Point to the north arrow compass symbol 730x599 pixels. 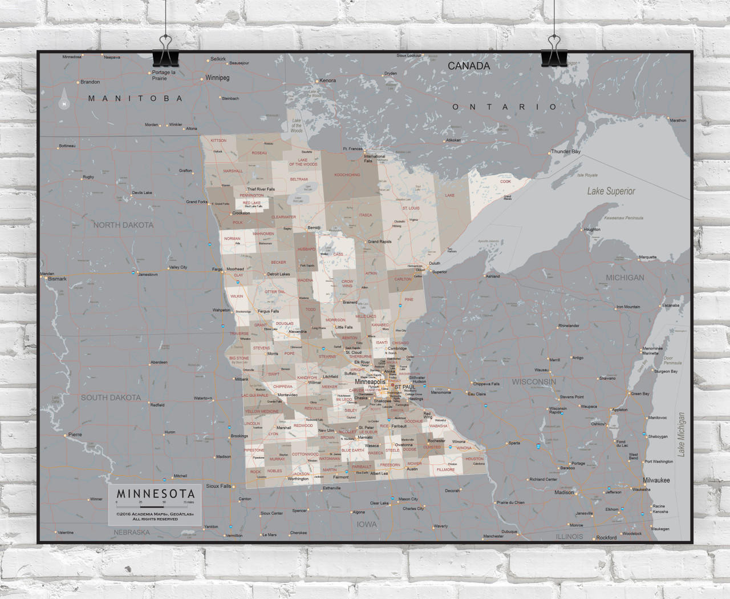(64, 99)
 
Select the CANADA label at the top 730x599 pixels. (469, 66)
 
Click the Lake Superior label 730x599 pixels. (611, 191)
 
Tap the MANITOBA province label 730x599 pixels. (136, 98)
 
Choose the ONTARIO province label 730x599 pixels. (505, 107)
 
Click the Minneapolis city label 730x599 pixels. (370, 381)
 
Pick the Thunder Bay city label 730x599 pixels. (565, 152)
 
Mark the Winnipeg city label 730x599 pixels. (217, 77)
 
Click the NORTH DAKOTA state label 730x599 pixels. (124, 225)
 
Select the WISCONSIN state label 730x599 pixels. (533, 381)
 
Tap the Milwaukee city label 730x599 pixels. (656, 480)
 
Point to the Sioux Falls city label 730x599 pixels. (218, 486)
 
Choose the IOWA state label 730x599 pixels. (367, 524)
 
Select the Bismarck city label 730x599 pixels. (57, 279)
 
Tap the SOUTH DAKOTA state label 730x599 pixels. (111, 397)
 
